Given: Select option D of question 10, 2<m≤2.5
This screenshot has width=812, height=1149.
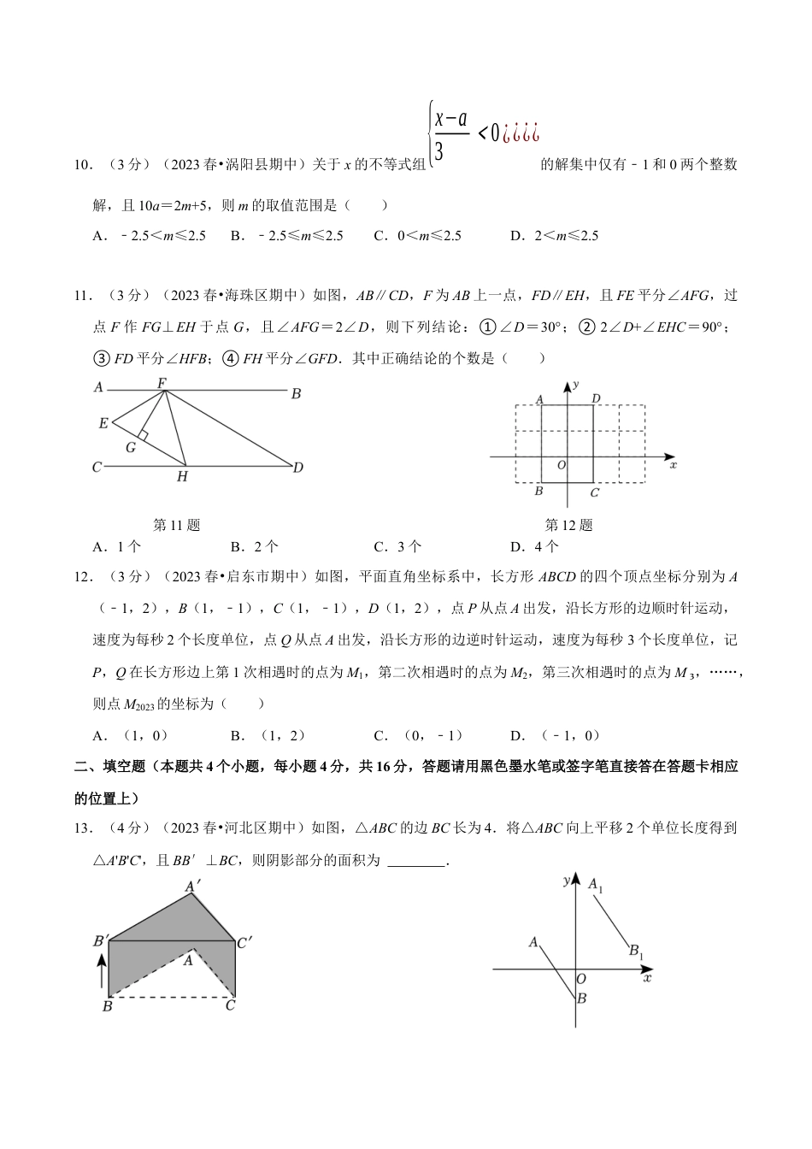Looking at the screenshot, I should pyautogui.click(x=554, y=236).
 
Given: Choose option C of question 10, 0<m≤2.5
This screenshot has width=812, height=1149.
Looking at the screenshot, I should pyautogui.click(x=417, y=236).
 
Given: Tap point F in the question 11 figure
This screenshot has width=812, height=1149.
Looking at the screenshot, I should pyautogui.click(x=162, y=384).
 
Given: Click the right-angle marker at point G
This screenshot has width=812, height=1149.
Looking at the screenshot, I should pyautogui.click(x=144, y=436).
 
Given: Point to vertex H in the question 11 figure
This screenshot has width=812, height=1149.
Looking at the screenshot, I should pyautogui.click(x=182, y=476).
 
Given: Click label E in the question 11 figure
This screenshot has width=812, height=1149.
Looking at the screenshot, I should pyautogui.click(x=103, y=423).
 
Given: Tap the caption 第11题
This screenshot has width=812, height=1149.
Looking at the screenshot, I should pyautogui.click(x=176, y=525).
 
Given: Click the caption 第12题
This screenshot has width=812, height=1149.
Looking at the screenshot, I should pyautogui.click(x=568, y=525).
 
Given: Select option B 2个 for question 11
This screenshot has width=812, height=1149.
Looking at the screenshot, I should pyautogui.click(x=254, y=547).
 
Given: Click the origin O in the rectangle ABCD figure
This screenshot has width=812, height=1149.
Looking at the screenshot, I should pyautogui.click(x=561, y=465).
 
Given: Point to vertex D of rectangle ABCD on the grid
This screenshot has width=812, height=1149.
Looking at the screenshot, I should pyautogui.click(x=596, y=398).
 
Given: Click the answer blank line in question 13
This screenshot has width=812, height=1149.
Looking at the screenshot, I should pyautogui.click(x=416, y=862).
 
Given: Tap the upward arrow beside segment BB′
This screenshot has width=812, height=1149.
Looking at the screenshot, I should pyautogui.click(x=102, y=971).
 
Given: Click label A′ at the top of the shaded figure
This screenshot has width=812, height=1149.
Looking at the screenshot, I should pyautogui.click(x=193, y=887).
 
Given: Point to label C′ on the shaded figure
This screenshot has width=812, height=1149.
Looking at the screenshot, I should pyautogui.click(x=244, y=943).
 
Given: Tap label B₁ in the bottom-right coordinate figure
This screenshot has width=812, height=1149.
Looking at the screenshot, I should pyautogui.click(x=636, y=951).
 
